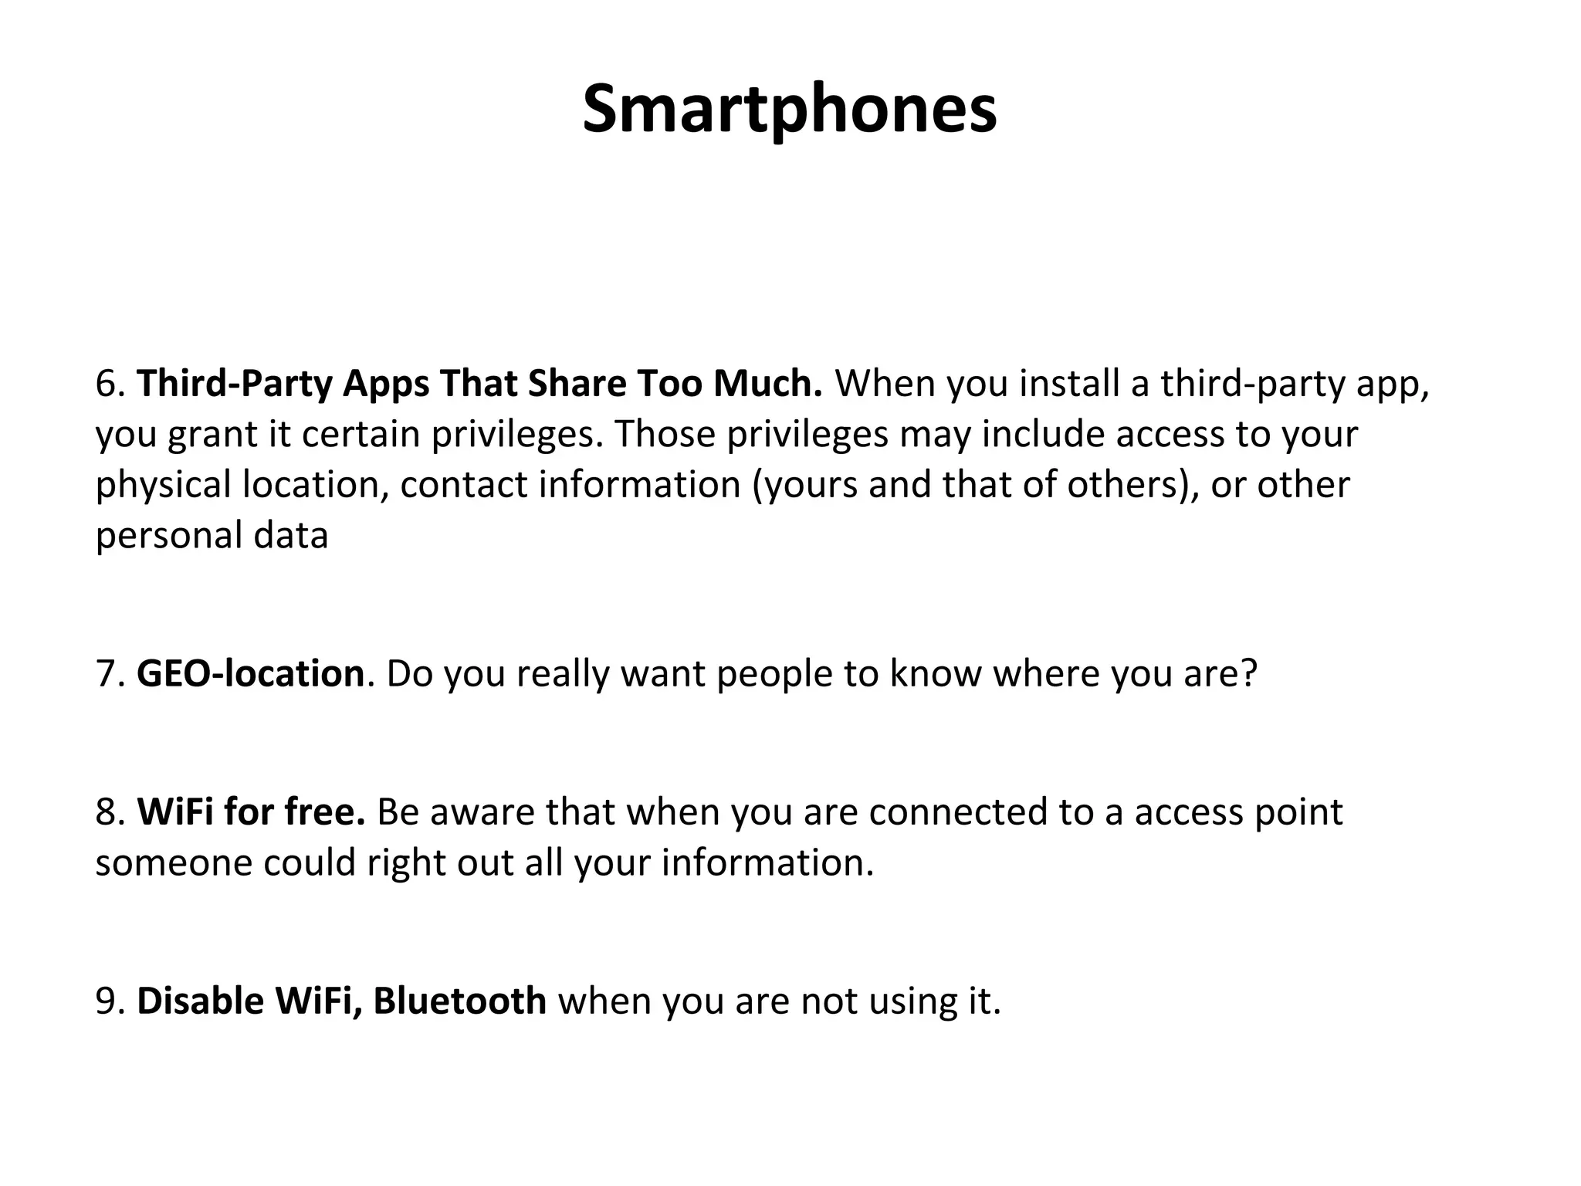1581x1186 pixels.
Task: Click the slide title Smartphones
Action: (789, 110)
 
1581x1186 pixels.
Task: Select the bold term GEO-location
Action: (250, 674)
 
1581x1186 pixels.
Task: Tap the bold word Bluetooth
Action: (460, 1001)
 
